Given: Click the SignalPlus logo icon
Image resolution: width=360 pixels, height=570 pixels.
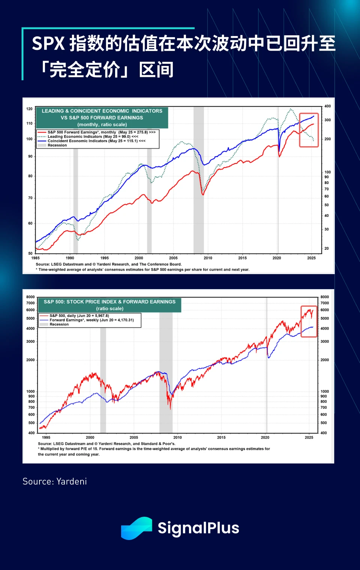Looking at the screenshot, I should (136, 528).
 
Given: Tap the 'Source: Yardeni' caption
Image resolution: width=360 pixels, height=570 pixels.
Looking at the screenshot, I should (55, 481).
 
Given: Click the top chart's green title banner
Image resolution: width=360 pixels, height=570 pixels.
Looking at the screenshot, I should (102, 118).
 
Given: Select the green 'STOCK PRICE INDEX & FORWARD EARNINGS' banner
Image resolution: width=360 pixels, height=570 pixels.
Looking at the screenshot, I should (109, 305).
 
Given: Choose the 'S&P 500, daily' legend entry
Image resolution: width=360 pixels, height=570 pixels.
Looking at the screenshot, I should (79, 316).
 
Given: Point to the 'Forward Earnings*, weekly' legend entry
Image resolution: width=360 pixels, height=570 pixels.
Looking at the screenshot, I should (91, 320).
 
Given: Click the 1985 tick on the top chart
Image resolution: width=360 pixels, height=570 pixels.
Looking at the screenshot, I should (36, 258).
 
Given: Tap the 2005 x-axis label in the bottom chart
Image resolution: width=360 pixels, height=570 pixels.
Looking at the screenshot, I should (134, 437).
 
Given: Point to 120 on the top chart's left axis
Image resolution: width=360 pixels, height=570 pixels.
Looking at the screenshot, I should (29, 109).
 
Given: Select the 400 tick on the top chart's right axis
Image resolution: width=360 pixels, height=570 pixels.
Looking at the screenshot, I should (327, 106).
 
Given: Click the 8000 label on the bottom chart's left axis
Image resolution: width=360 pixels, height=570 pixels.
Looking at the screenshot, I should (30, 297).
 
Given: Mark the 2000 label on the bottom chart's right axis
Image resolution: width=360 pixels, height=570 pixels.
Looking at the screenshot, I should (324, 360).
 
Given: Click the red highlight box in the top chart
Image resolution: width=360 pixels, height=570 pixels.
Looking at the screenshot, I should (309, 130).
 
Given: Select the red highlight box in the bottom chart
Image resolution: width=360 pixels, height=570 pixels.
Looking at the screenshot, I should (309, 321).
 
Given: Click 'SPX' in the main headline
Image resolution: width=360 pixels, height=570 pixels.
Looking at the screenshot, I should (48, 43).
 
